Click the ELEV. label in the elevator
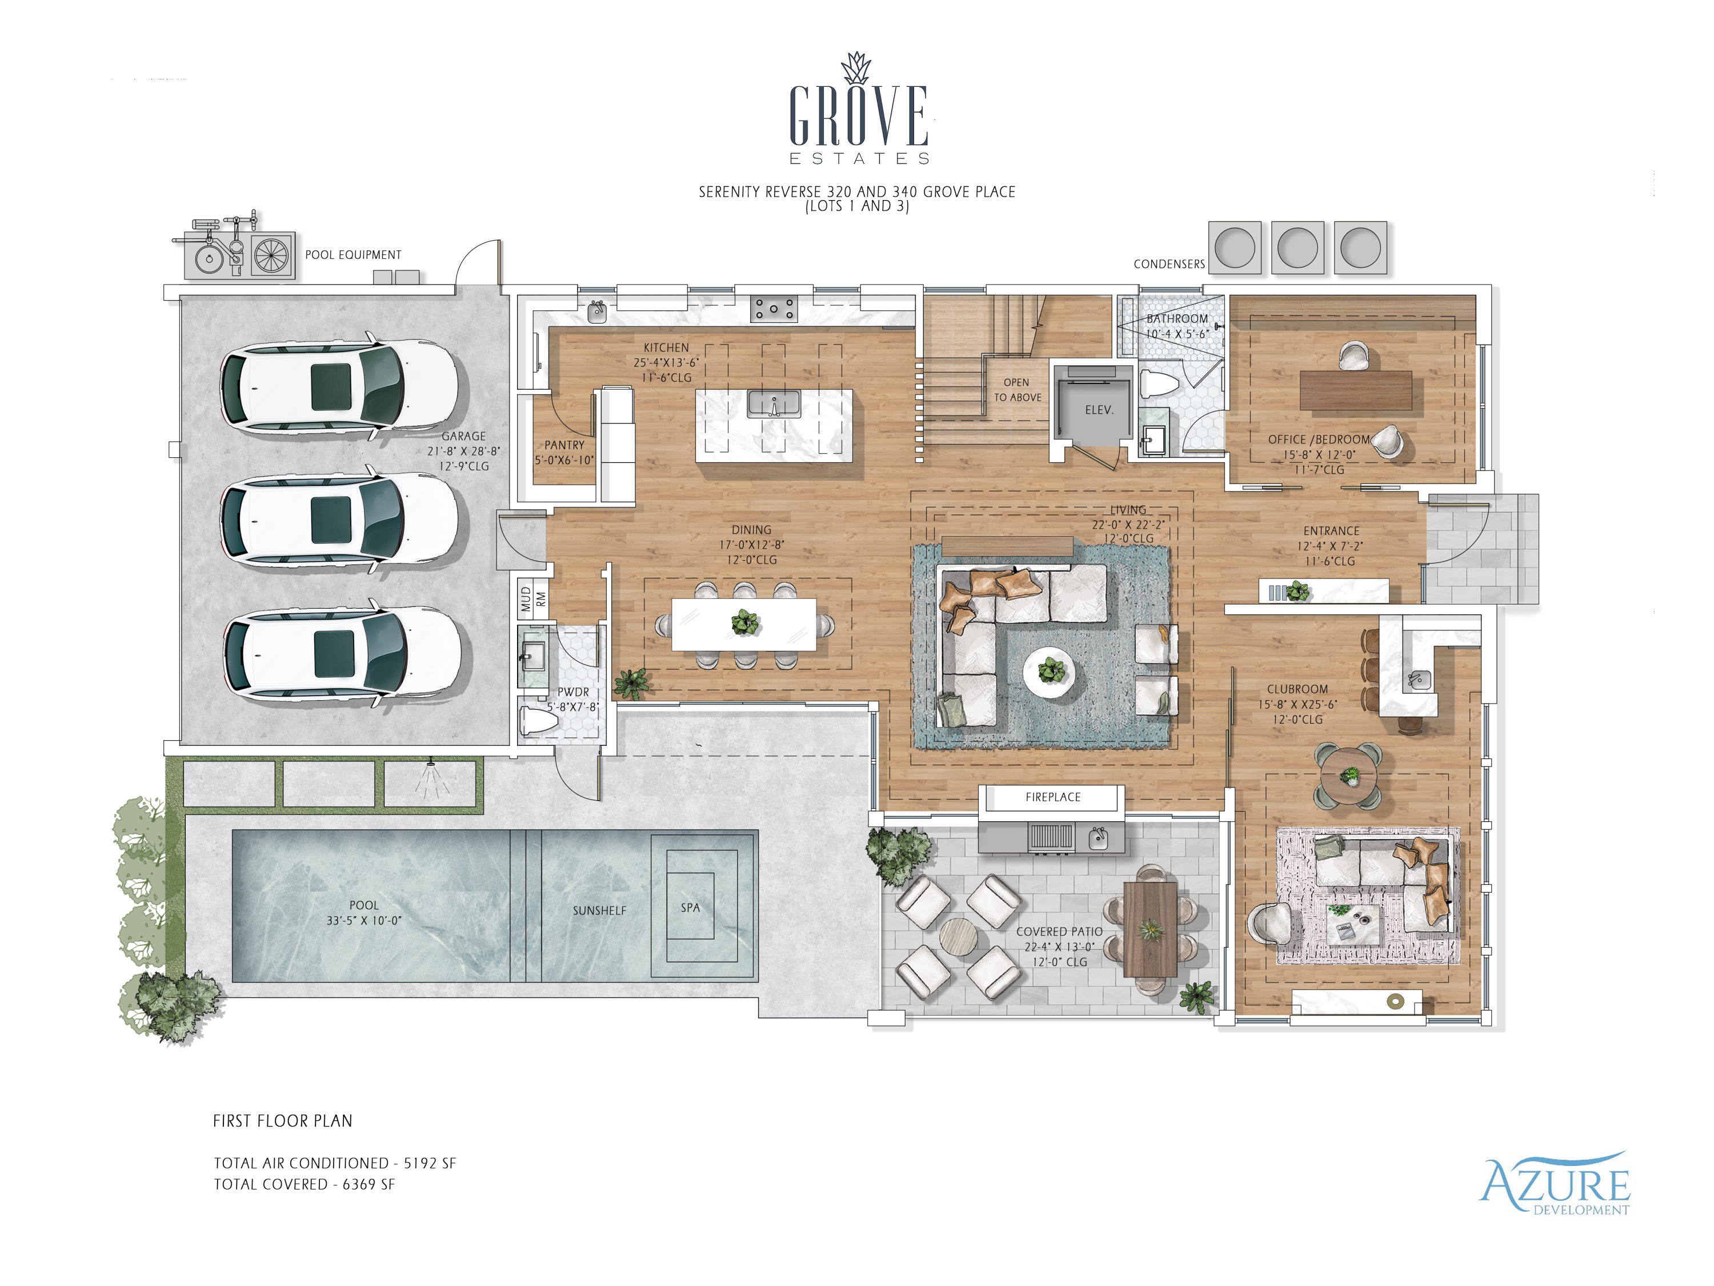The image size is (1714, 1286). click(x=1099, y=410)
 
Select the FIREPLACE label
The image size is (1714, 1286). click(x=1052, y=797)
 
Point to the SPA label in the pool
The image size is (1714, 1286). click(x=690, y=907)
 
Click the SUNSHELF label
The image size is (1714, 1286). click(x=599, y=911)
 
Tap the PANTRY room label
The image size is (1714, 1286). click(x=564, y=445)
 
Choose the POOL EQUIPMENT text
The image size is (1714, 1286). click(x=353, y=255)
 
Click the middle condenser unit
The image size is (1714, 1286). click(x=1297, y=248)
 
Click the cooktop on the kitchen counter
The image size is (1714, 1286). click(x=774, y=309)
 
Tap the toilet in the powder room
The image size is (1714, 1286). click(x=539, y=720)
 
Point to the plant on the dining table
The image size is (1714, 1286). click(x=744, y=622)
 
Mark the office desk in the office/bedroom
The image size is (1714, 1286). click(x=1355, y=390)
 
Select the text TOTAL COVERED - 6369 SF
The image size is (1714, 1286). click(x=305, y=1184)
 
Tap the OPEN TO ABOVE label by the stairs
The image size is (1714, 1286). click(x=1018, y=390)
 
